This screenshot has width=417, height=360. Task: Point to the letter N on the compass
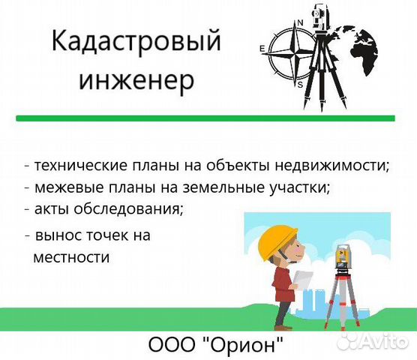pos(301,22)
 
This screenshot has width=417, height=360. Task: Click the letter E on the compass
pos(262,50)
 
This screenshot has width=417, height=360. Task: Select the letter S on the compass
pos(300,84)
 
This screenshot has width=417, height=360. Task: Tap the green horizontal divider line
pos(205,118)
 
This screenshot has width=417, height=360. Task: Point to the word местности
pos(72,257)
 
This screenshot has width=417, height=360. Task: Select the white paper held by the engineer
pos(303,280)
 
